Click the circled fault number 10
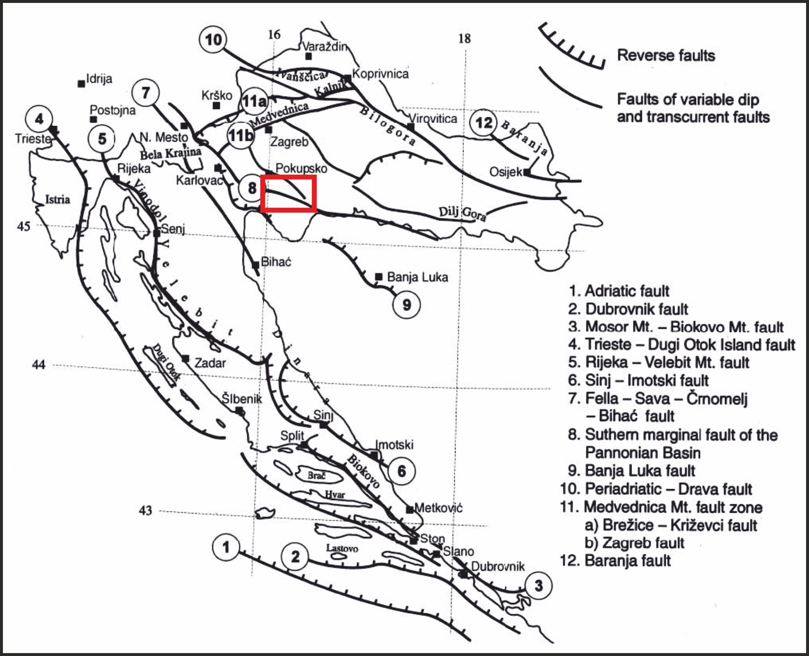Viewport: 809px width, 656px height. click(x=213, y=40)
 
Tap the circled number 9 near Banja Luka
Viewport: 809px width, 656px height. click(x=407, y=305)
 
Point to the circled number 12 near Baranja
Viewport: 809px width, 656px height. click(x=483, y=123)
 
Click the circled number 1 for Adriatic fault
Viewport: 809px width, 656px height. click(x=226, y=547)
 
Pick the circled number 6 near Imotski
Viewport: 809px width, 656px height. click(x=402, y=471)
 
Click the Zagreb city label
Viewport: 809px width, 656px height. click(x=289, y=142)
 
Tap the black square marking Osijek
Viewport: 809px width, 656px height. click(x=527, y=172)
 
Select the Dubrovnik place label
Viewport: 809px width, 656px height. click(x=498, y=566)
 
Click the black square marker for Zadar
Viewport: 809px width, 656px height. click(x=186, y=359)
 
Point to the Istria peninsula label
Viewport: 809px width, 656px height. click(x=57, y=199)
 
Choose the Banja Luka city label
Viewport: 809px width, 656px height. click(x=417, y=277)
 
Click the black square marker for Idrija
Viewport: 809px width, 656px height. click(x=81, y=84)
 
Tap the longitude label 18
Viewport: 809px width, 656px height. click(x=464, y=38)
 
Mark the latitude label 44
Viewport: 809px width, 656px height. click(x=38, y=365)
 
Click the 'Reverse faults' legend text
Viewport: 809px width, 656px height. click(x=666, y=55)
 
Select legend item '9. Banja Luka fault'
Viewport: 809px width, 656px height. click(x=631, y=470)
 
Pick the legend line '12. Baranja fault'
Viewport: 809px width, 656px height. click(x=615, y=560)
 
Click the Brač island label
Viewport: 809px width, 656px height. click(x=316, y=475)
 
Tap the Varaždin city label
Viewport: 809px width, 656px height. click(x=325, y=46)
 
